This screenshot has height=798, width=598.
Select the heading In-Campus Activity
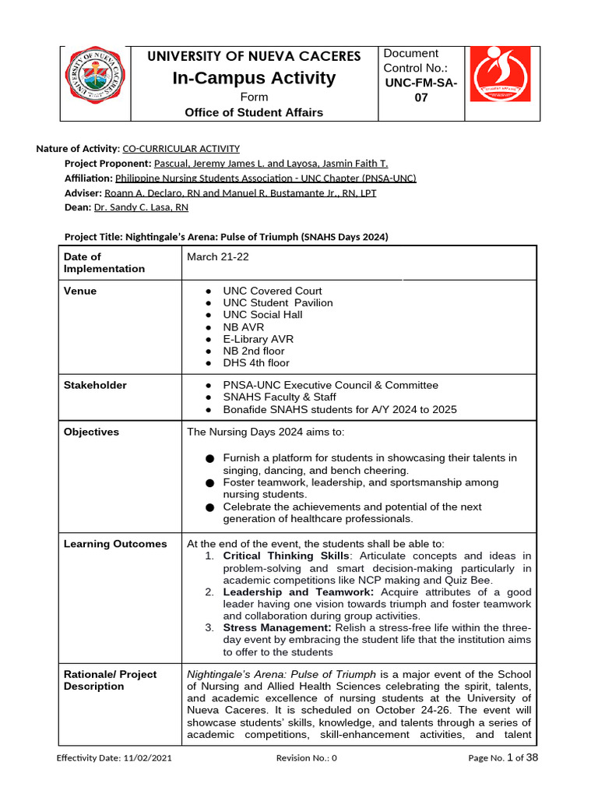254,78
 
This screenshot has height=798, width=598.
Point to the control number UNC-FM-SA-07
420,90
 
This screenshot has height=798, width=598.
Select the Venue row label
80,291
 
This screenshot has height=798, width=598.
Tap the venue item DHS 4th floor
255,363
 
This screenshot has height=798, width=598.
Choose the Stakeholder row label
95,385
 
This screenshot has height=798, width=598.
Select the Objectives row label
91,432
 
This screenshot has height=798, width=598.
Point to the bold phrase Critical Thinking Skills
286,556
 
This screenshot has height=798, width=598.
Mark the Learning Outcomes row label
115,544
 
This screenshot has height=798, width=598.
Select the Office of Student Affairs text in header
254,112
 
